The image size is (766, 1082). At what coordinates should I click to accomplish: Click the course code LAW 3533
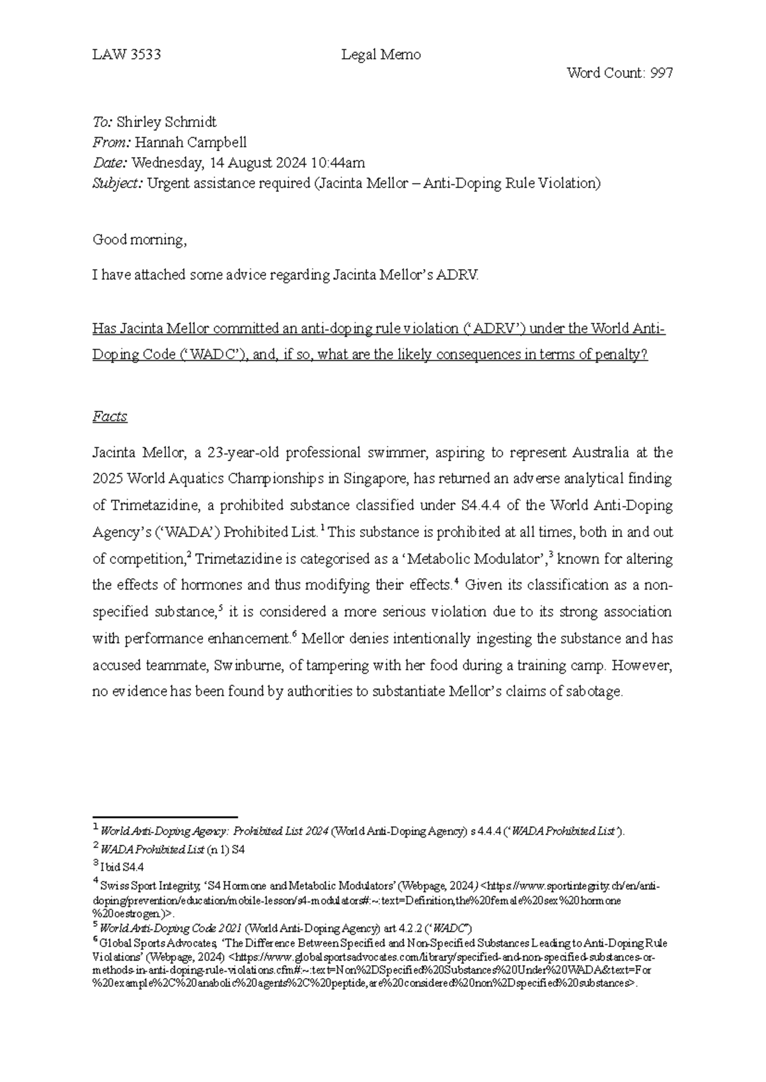(126, 55)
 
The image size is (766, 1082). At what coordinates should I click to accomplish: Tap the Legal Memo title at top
(381, 55)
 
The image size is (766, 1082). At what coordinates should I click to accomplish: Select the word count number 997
(661, 73)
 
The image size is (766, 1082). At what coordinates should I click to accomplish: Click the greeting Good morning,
(140, 240)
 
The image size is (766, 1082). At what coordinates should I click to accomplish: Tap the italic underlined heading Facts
(110, 417)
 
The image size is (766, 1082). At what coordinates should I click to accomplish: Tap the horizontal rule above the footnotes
(165, 817)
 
